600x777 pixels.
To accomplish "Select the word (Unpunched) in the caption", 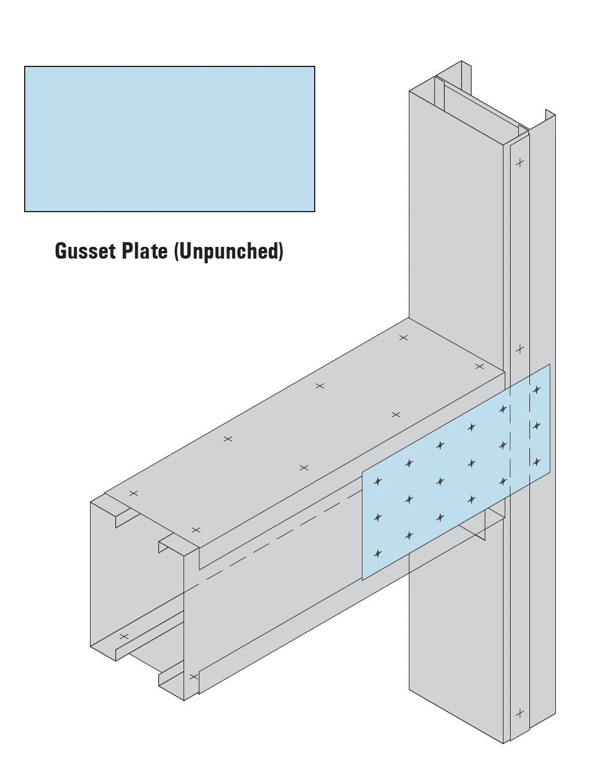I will pos(228,252).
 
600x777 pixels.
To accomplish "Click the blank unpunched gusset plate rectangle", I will pos(169,139).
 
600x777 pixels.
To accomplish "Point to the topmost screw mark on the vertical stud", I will pos(519,162).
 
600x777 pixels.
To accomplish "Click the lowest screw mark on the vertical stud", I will pos(519,714).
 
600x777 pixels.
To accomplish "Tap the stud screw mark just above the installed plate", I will pos(519,350).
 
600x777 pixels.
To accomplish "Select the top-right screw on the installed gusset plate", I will pos(536,389).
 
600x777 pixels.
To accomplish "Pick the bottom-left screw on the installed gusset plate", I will pos(378,554).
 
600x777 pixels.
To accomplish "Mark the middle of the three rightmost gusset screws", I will pos(536,426).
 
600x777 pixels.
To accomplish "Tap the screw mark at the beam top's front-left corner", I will pos(196,530).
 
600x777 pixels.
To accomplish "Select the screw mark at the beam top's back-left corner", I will pos(134,493).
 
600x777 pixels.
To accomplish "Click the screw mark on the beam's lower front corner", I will pos(193,677).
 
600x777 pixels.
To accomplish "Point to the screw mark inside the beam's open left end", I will pos(124,637).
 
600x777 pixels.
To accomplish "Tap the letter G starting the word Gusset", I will pos(61,251).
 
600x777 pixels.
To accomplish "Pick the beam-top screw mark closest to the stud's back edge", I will pos(404,337).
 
